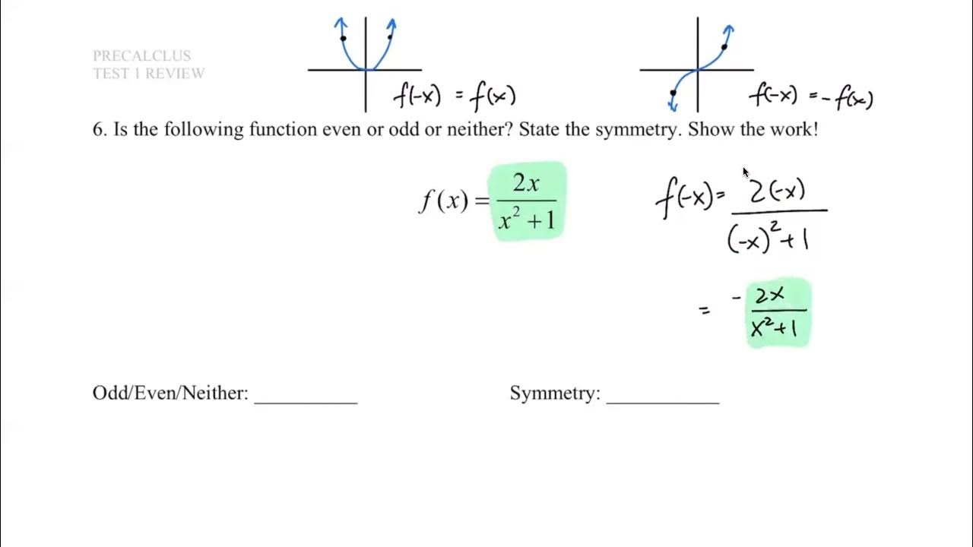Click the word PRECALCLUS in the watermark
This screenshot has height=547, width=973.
click(x=141, y=55)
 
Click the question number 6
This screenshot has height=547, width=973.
click(x=99, y=129)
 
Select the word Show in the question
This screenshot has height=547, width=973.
click(x=708, y=129)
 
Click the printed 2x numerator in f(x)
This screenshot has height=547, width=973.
click(x=526, y=183)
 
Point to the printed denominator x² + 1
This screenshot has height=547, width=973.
click(x=527, y=220)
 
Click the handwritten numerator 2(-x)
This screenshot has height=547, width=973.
click(x=777, y=191)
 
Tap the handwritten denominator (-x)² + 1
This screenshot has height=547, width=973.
click(x=768, y=239)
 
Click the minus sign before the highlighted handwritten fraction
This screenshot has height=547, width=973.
click(x=736, y=298)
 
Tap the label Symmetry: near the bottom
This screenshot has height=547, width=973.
click(x=555, y=393)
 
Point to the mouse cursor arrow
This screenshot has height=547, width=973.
click(x=746, y=172)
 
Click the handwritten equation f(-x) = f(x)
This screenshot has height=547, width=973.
click(x=455, y=96)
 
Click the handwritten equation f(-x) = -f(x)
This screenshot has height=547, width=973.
click(x=811, y=96)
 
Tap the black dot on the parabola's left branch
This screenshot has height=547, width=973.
click(x=344, y=38)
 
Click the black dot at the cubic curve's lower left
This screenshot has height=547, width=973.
click(x=673, y=93)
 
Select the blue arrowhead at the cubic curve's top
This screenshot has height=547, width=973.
click(x=729, y=30)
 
